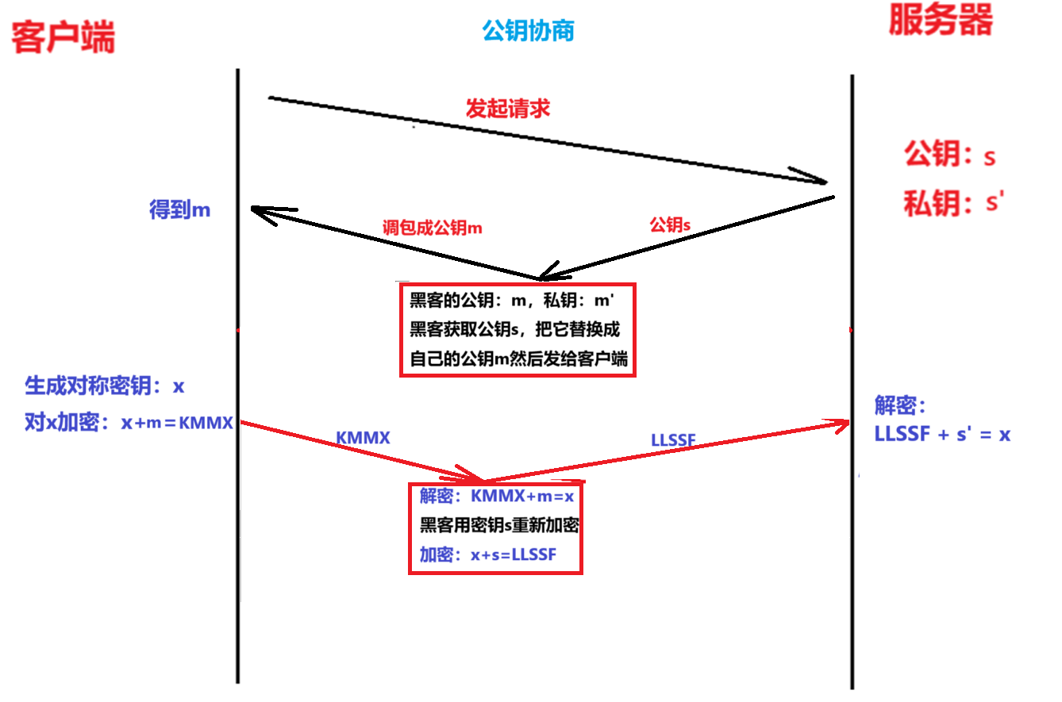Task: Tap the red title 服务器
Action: (941, 21)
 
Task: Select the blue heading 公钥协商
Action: (528, 31)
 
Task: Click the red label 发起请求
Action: (508, 109)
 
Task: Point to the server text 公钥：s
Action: (949, 155)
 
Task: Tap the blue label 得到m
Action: (180, 210)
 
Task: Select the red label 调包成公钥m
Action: (433, 228)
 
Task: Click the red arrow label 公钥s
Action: (670, 225)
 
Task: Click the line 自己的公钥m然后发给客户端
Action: (518, 359)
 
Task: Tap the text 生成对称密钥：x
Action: (105, 386)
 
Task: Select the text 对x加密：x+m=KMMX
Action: (129, 423)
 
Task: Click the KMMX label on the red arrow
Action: (363, 437)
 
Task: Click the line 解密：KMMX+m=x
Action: (496, 497)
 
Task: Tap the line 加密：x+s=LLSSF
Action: (488, 555)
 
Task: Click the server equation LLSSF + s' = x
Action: (942, 434)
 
